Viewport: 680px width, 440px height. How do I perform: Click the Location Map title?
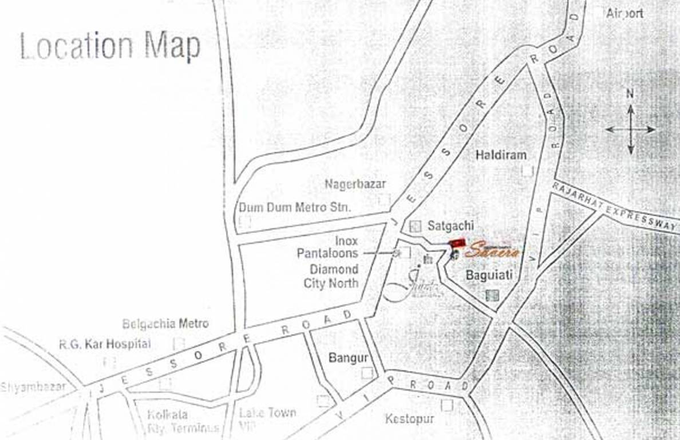pos(110,46)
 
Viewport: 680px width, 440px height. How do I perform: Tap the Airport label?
pos(624,13)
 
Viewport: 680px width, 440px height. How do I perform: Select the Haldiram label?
pos(501,155)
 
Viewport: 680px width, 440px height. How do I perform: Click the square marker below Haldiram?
pos(527,170)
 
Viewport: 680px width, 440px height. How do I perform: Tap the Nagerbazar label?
pos(355,184)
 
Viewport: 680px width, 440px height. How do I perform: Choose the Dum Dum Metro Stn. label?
pos(294,207)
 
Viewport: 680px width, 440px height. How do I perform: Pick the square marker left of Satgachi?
pos(416,226)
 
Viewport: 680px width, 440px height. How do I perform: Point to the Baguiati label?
pos(489,275)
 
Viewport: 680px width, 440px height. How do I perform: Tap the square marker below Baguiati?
pos(492,295)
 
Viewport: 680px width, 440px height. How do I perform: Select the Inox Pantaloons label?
pos(327,247)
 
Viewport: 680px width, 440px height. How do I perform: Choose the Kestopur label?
pos(409,419)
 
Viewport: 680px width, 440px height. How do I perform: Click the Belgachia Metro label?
pos(165,324)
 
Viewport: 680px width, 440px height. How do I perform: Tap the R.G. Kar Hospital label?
pos(105,344)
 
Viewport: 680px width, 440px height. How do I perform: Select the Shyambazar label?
pos(33,387)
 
